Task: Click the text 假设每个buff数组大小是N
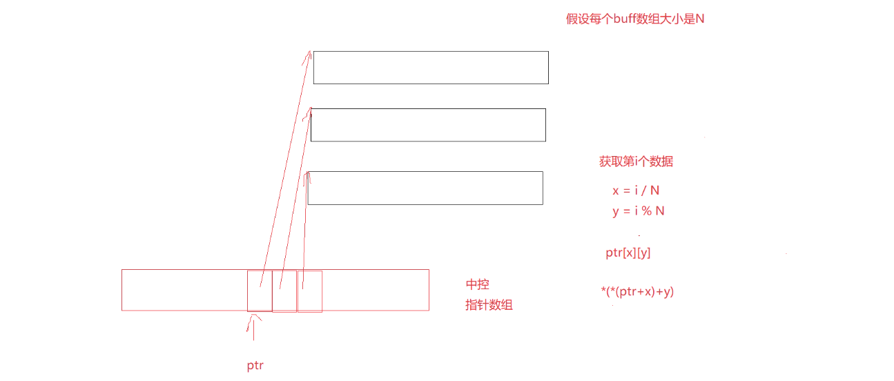[x=635, y=19]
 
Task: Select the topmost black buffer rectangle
[x=431, y=68]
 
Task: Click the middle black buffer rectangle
[x=428, y=125]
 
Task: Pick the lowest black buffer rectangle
[x=425, y=188]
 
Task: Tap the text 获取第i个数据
[x=636, y=162]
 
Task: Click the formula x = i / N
[x=636, y=190]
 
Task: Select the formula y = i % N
[x=638, y=211]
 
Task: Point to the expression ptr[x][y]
[x=628, y=253]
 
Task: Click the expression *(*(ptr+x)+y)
[x=637, y=292]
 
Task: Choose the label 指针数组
[x=489, y=305]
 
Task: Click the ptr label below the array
[x=255, y=366]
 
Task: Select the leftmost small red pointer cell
[x=260, y=291]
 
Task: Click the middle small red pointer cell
[x=284, y=291]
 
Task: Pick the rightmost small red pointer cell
[x=310, y=291]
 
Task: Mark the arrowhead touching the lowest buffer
[x=308, y=177]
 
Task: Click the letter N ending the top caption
[x=699, y=19]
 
